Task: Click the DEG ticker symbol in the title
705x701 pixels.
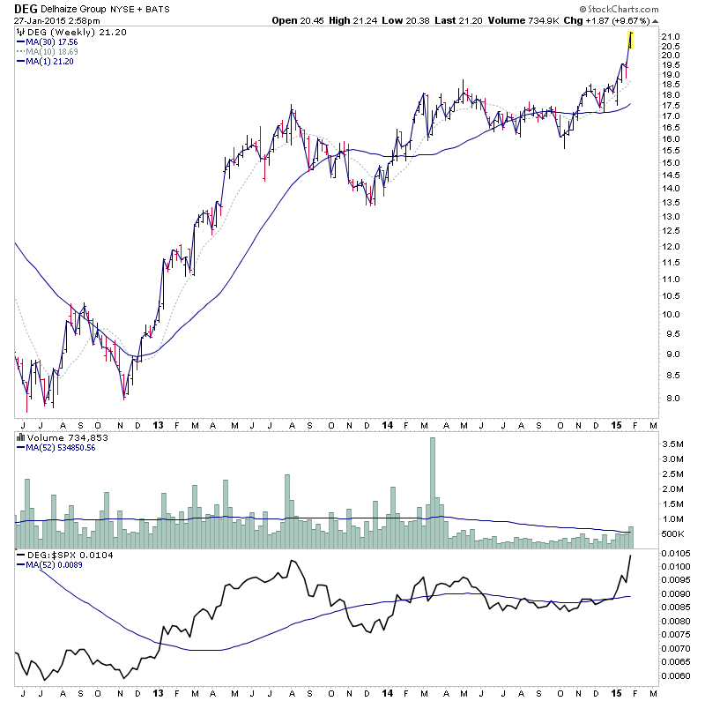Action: [25, 9]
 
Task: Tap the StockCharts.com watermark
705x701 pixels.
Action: [649, 9]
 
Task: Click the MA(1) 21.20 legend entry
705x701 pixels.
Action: [46, 61]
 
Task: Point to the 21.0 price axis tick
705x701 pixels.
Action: [673, 36]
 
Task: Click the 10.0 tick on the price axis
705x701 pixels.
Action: [673, 315]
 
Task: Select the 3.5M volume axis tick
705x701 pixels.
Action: [674, 444]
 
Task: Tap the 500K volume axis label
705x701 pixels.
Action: [674, 533]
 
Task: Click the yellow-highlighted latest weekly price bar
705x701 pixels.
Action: [630, 39]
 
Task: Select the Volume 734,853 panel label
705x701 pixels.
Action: [56, 436]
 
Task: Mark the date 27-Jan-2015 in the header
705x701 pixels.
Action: [37, 20]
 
